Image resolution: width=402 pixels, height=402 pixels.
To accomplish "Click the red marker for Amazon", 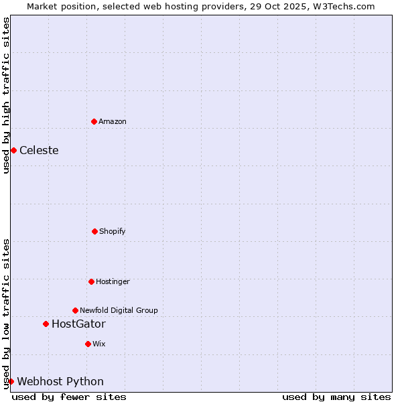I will pos(94,121).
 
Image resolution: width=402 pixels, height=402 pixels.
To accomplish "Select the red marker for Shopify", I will pos(94,231).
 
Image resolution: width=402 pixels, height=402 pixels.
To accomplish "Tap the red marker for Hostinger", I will pos(91,281).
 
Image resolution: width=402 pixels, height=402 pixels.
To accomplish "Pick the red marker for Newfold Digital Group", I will pos(75,310).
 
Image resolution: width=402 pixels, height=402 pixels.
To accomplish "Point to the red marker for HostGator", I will pos(46,324).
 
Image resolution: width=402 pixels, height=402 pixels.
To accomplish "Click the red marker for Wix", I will pos(88,344).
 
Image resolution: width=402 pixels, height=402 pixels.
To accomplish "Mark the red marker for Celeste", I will pos(13,150).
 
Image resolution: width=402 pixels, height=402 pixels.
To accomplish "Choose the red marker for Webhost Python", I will pos(11,381).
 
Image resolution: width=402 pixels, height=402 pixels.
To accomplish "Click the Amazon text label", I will pos(113,121).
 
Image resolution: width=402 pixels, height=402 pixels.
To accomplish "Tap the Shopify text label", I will pos(113,231).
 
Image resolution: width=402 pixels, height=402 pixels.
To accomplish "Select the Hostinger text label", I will pos(113,281).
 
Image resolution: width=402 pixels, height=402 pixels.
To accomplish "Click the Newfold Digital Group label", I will pos(119,310).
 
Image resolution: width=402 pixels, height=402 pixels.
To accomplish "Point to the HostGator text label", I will pos(78,324).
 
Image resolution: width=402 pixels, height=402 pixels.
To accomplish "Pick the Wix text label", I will pos(99,344).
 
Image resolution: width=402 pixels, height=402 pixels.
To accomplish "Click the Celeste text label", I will pos(39,150).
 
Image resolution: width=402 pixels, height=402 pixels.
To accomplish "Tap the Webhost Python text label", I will pos(60,381).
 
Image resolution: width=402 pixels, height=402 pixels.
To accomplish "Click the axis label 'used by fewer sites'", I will pos(69,397).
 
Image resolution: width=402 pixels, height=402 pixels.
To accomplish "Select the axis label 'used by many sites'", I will pos(336,397).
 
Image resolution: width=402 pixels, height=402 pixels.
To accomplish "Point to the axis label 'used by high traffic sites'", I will pos(6,95).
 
